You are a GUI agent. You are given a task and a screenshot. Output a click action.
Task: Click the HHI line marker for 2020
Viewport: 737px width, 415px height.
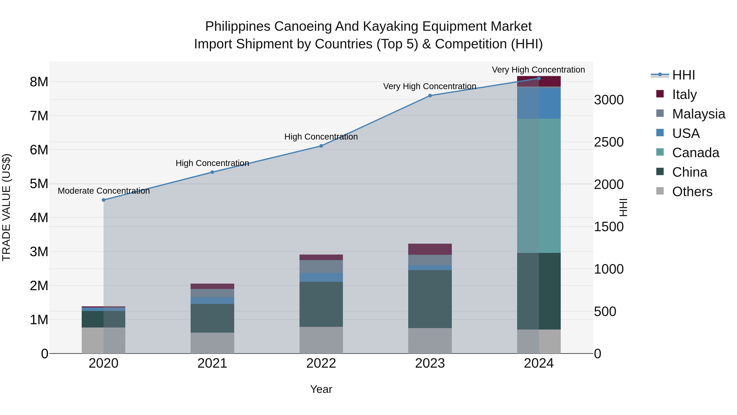(x=104, y=200)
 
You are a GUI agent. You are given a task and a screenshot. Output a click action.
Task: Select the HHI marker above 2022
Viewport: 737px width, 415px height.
(x=321, y=146)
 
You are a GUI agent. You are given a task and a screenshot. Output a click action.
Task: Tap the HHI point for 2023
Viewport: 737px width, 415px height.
(x=430, y=96)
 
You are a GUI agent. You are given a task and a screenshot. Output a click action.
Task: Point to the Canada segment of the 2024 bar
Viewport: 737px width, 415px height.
(x=539, y=186)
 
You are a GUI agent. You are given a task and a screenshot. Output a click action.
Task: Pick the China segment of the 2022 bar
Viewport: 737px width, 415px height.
(x=321, y=304)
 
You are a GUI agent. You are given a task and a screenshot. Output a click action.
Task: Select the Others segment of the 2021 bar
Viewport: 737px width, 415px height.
(x=212, y=343)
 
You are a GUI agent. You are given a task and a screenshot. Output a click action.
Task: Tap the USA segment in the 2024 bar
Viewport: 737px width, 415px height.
(x=539, y=103)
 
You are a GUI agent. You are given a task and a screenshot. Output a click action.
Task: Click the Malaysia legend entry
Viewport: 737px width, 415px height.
(x=698, y=114)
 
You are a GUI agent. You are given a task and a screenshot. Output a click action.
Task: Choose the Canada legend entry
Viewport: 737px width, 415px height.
(x=695, y=153)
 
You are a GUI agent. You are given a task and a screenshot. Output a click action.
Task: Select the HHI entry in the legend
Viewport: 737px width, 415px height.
(x=683, y=75)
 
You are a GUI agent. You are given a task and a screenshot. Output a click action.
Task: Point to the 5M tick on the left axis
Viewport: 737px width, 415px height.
(x=39, y=184)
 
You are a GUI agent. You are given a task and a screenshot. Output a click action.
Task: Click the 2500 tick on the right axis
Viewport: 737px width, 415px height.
(x=609, y=142)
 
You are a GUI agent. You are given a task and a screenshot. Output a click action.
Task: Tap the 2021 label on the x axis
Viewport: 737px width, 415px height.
(x=212, y=363)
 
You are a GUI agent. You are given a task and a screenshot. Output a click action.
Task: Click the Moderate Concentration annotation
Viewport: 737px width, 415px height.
(x=104, y=191)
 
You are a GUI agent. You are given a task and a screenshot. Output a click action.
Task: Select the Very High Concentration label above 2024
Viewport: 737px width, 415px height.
(x=538, y=70)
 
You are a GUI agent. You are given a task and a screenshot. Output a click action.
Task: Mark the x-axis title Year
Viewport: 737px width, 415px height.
(x=321, y=389)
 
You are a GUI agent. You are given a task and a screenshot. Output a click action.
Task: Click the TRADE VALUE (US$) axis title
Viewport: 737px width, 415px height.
(x=6, y=207)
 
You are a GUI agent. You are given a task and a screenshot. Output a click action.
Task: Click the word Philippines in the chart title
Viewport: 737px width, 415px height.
(x=237, y=26)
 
